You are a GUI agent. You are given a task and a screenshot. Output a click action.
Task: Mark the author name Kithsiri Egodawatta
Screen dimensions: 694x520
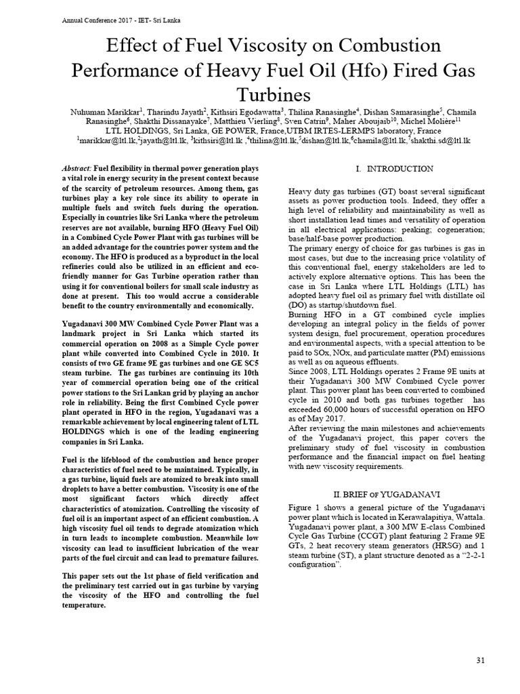[232, 111]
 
